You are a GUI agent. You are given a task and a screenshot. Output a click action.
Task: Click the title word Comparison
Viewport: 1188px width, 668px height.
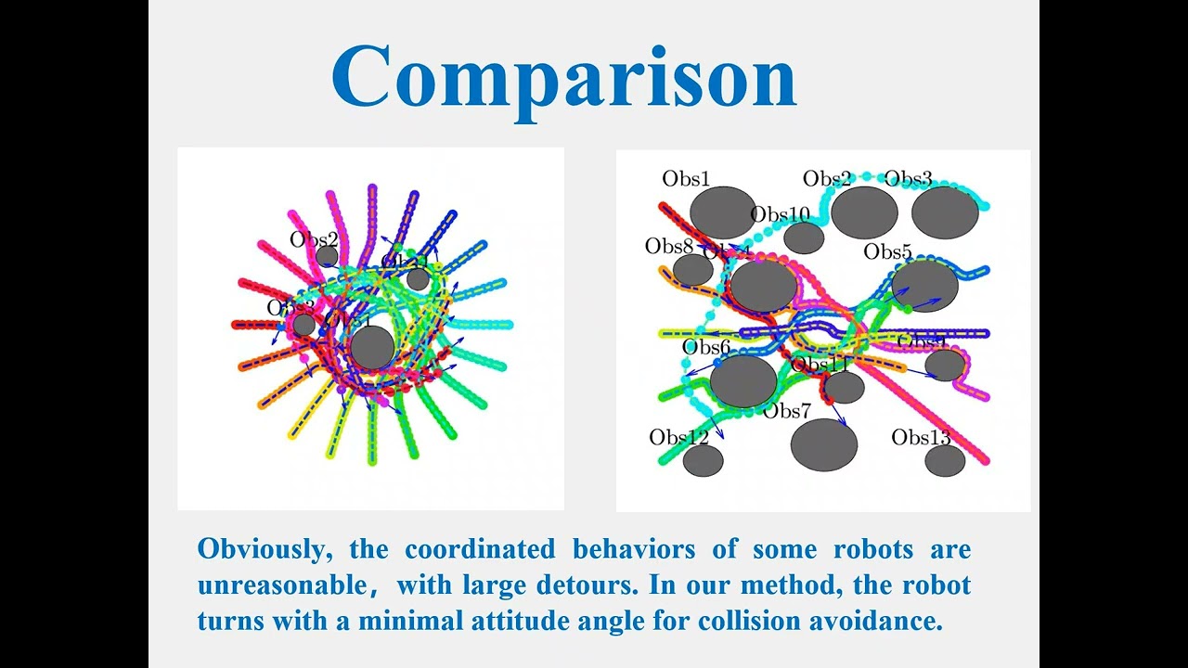(x=563, y=78)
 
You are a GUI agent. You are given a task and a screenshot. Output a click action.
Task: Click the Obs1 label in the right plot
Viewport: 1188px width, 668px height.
(x=686, y=178)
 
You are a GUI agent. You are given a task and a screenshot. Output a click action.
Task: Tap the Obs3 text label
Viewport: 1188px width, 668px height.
(x=909, y=178)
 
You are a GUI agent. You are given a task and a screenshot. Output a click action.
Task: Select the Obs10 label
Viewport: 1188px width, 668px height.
(x=781, y=214)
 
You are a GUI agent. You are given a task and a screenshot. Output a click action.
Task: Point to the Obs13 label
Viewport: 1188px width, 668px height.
(x=921, y=436)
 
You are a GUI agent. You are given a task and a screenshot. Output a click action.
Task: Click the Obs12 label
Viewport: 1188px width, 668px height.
(x=678, y=436)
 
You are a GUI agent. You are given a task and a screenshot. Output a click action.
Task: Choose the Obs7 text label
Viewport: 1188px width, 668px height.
(x=786, y=410)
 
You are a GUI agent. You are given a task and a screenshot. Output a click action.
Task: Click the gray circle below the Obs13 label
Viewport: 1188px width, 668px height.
(x=945, y=460)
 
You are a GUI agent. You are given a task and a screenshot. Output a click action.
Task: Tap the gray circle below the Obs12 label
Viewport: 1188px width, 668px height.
(x=703, y=460)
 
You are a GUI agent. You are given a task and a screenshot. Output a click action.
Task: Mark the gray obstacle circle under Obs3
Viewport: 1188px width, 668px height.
(x=945, y=212)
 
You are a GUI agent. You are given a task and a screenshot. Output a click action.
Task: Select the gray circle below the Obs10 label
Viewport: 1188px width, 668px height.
(x=804, y=238)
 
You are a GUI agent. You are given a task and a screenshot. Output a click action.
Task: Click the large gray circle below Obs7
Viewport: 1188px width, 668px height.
(x=823, y=444)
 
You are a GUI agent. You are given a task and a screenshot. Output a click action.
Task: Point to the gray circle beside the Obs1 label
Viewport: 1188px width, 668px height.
(x=723, y=212)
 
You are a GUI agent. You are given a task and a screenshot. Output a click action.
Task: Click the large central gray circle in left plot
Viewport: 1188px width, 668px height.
(x=372, y=347)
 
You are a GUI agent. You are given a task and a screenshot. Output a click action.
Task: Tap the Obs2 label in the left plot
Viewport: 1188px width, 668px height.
(x=314, y=239)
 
